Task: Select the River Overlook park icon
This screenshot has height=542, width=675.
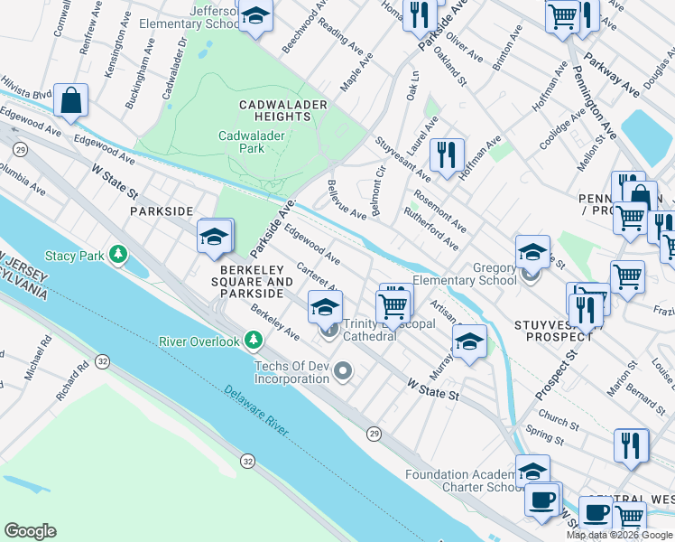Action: coord(254,341)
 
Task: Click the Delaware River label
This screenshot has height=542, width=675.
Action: coord(255,414)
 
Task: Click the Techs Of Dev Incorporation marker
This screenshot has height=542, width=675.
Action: coord(343,371)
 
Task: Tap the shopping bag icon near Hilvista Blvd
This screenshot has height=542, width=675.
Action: coord(70,100)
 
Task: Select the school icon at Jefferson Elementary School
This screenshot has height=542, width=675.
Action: coord(256,17)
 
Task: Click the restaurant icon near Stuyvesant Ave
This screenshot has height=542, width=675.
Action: coord(446,154)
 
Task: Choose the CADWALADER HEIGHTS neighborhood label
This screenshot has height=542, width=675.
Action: coord(282,111)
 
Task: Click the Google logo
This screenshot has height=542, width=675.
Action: coord(30,530)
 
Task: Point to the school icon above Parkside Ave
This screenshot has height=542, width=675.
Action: coord(214,237)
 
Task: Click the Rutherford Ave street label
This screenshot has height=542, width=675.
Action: coord(432,231)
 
